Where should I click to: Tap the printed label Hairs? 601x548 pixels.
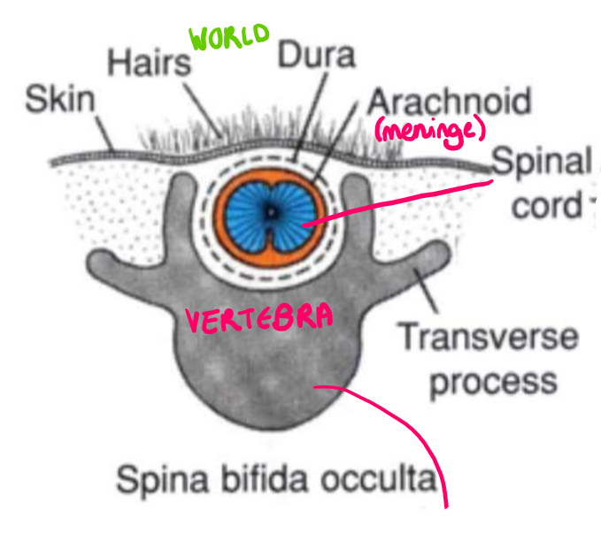point(148,63)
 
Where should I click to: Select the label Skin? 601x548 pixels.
point(59,99)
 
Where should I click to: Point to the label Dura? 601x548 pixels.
point(316,55)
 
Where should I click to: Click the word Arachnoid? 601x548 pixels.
point(449,101)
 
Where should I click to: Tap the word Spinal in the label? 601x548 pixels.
point(541,163)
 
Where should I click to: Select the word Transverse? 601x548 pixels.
point(486,337)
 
